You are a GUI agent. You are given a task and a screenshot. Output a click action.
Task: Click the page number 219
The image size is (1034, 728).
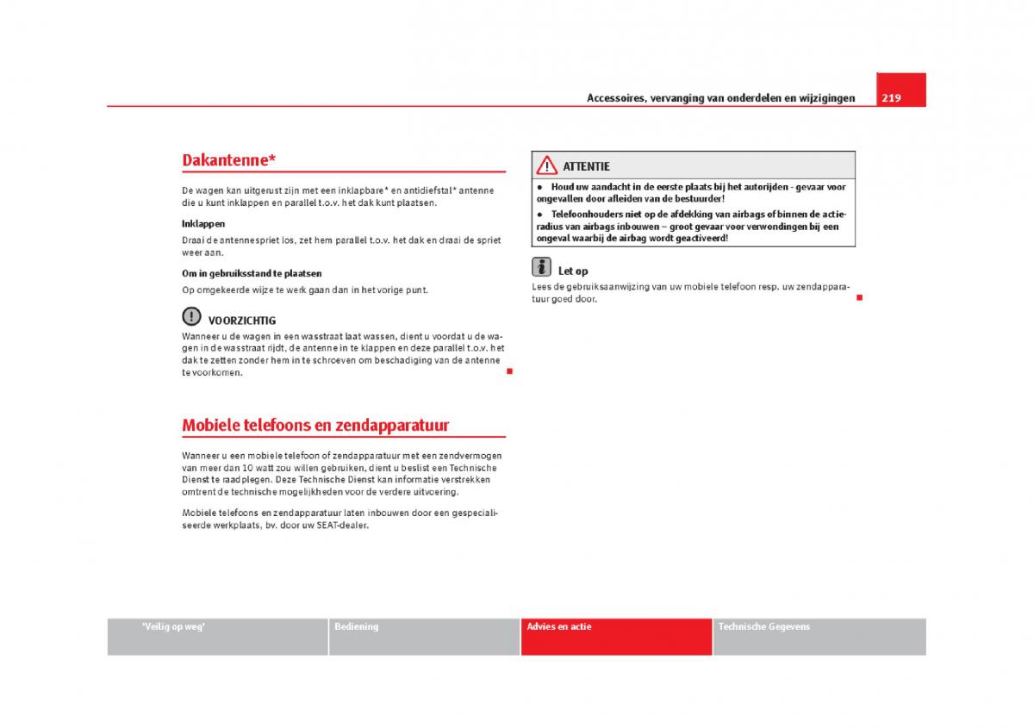click(x=891, y=98)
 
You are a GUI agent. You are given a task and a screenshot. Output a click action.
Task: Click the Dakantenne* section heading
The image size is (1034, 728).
click(x=229, y=160)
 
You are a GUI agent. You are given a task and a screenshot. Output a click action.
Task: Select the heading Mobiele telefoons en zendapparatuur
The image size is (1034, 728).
click(x=315, y=426)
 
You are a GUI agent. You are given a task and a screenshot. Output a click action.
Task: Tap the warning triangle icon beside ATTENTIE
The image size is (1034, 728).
click(x=546, y=165)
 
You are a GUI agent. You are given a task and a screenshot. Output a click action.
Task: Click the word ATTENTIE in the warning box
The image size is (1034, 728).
click(x=586, y=166)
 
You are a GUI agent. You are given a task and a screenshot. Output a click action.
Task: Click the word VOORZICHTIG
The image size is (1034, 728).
click(x=242, y=320)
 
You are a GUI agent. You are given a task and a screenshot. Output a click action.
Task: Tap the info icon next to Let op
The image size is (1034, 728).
click(x=540, y=268)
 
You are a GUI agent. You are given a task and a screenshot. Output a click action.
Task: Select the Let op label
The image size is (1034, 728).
click(x=573, y=271)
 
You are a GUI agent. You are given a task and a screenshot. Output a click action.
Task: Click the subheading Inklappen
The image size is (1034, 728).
click(x=203, y=224)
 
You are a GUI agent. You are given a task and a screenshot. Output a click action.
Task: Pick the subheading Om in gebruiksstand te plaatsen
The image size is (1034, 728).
click(x=252, y=274)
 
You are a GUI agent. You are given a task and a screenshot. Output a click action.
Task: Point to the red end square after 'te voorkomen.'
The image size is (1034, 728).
click(x=509, y=370)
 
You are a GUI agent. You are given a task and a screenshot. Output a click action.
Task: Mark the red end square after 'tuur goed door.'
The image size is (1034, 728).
click(x=859, y=297)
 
